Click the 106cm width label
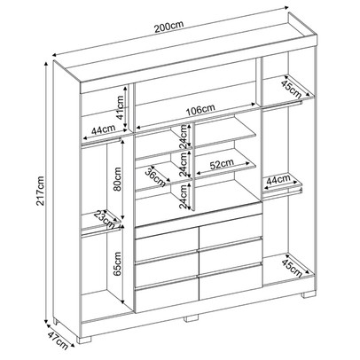(x=198, y=111)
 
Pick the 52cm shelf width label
(x=223, y=163)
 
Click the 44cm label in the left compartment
(x=102, y=130)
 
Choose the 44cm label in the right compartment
(x=278, y=179)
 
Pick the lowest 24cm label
(x=184, y=203)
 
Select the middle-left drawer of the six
(x=167, y=263)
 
